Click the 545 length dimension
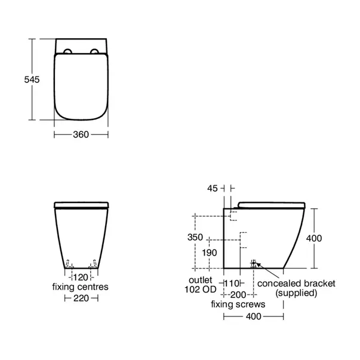32,79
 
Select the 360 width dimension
81,134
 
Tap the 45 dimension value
212,189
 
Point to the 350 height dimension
195,237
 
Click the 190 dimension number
210,253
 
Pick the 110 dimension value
232,284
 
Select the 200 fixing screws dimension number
238,294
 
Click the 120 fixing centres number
81,278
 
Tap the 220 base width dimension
81,299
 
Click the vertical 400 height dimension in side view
314,238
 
